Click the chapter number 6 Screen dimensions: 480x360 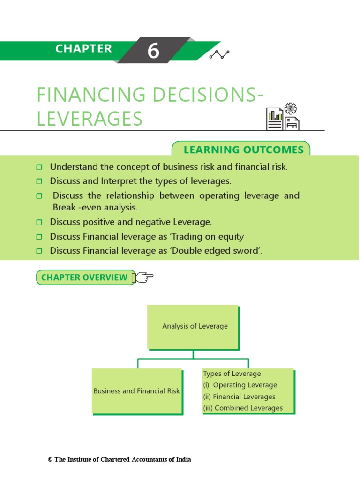pos(153,51)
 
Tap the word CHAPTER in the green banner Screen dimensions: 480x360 pos(83,49)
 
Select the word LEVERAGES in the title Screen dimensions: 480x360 pos(90,119)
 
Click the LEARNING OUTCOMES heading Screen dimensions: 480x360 pos(243,150)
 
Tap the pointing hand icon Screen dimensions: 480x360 pos(143,277)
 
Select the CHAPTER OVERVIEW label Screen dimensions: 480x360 pos(84,277)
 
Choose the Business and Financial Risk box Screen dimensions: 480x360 pos(136,391)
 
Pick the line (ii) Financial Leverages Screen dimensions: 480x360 pos(239,397)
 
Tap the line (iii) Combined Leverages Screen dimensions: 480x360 pos(243,408)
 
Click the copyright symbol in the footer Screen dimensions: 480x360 pos(50,460)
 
